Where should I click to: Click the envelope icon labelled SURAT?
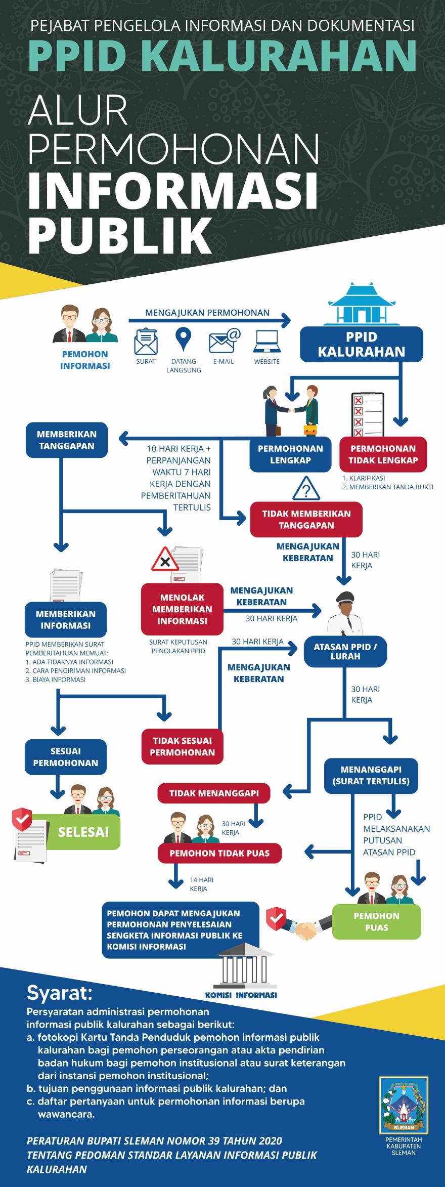(x=146, y=342)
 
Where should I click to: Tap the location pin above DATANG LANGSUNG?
(x=183, y=340)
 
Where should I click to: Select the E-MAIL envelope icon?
(x=225, y=341)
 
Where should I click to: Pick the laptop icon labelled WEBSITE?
(x=266, y=342)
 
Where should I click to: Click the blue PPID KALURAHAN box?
(x=362, y=344)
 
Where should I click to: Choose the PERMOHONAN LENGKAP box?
(x=290, y=454)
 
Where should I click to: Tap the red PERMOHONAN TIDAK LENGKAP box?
(x=384, y=454)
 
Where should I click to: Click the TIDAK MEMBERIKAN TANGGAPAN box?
(x=306, y=519)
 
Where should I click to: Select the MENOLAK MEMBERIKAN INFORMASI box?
(x=182, y=609)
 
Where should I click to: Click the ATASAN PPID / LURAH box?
(x=345, y=652)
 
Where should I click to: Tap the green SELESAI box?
(x=83, y=832)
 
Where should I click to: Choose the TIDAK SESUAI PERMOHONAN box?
(x=183, y=746)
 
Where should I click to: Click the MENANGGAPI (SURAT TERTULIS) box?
(x=371, y=775)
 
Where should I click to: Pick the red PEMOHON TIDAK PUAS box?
(x=219, y=854)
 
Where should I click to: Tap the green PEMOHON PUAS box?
(x=376, y=921)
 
